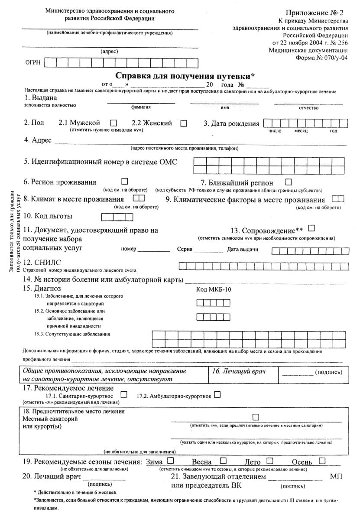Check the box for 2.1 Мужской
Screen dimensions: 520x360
[x=114, y=123]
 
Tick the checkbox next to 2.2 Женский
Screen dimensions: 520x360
[x=184, y=123]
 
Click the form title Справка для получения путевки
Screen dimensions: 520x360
[x=185, y=76]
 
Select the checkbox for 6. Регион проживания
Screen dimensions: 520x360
[x=125, y=181]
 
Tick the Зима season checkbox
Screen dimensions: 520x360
[x=171, y=460]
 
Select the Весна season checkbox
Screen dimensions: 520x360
[x=224, y=460]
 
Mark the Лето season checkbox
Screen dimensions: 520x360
[x=269, y=460]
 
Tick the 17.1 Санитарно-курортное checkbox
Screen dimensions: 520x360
[x=124, y=395]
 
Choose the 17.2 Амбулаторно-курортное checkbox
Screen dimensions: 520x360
[x=217, y=395]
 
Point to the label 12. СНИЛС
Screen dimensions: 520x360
[x=42, y=263]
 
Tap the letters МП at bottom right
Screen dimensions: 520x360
[x=336, y=476]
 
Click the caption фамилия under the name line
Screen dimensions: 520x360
[x=141, y=107]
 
